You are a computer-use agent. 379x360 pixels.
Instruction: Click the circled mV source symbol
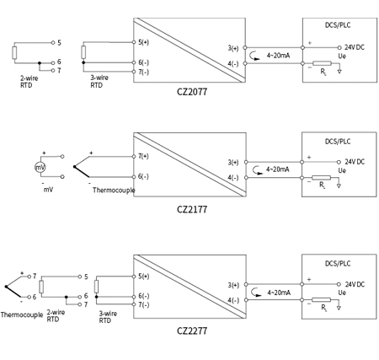39,168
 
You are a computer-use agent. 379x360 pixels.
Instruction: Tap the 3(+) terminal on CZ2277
233,284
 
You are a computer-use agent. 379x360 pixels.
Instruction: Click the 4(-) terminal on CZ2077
233,62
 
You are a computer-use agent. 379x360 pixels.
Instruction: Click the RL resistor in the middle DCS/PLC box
321,179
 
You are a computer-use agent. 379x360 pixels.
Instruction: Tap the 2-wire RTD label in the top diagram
28,81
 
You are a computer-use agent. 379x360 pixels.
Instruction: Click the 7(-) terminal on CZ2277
144,305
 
